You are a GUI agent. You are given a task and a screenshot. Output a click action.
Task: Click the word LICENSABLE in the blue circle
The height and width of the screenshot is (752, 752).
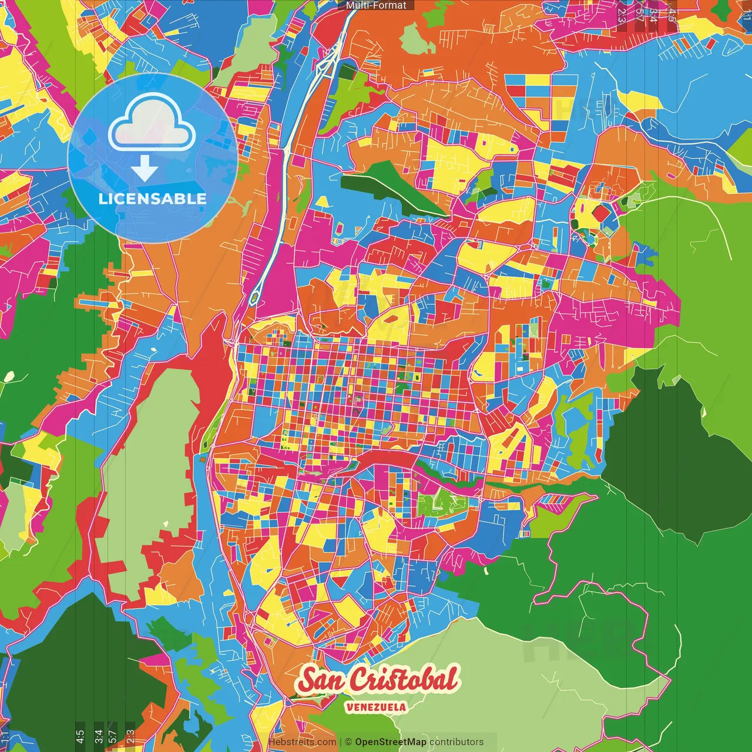coord(152,199)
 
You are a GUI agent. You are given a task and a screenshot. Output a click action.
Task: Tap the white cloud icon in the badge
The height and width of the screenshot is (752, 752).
coord(152,125)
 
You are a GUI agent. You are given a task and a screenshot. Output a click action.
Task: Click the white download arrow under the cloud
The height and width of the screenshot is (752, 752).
coord(145,169)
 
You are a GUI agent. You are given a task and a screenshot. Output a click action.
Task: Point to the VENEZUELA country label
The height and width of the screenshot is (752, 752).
coord(376,707)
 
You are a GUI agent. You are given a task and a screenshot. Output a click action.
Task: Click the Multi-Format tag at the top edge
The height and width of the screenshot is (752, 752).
coord(376,5)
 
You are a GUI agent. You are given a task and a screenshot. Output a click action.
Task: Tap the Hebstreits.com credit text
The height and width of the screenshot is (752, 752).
coord(302,742)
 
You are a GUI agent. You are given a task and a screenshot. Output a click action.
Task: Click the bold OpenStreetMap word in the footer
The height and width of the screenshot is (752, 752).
coord(390,742)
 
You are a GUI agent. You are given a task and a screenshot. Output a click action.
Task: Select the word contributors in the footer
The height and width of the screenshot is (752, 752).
coord(456,742)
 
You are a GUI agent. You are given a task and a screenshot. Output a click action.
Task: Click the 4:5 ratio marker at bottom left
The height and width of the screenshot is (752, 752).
coord(80,736)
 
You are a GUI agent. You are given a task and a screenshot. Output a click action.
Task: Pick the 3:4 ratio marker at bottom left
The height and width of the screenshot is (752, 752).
coord(98,736)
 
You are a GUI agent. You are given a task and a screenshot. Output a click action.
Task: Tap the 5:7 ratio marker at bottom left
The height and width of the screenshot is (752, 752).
coord(113,736)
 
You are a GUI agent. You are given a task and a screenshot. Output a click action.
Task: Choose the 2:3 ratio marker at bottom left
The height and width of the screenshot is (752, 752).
coord(130,736)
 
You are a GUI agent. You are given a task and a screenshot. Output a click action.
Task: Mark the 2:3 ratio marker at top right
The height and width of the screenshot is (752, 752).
coord(622,15)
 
